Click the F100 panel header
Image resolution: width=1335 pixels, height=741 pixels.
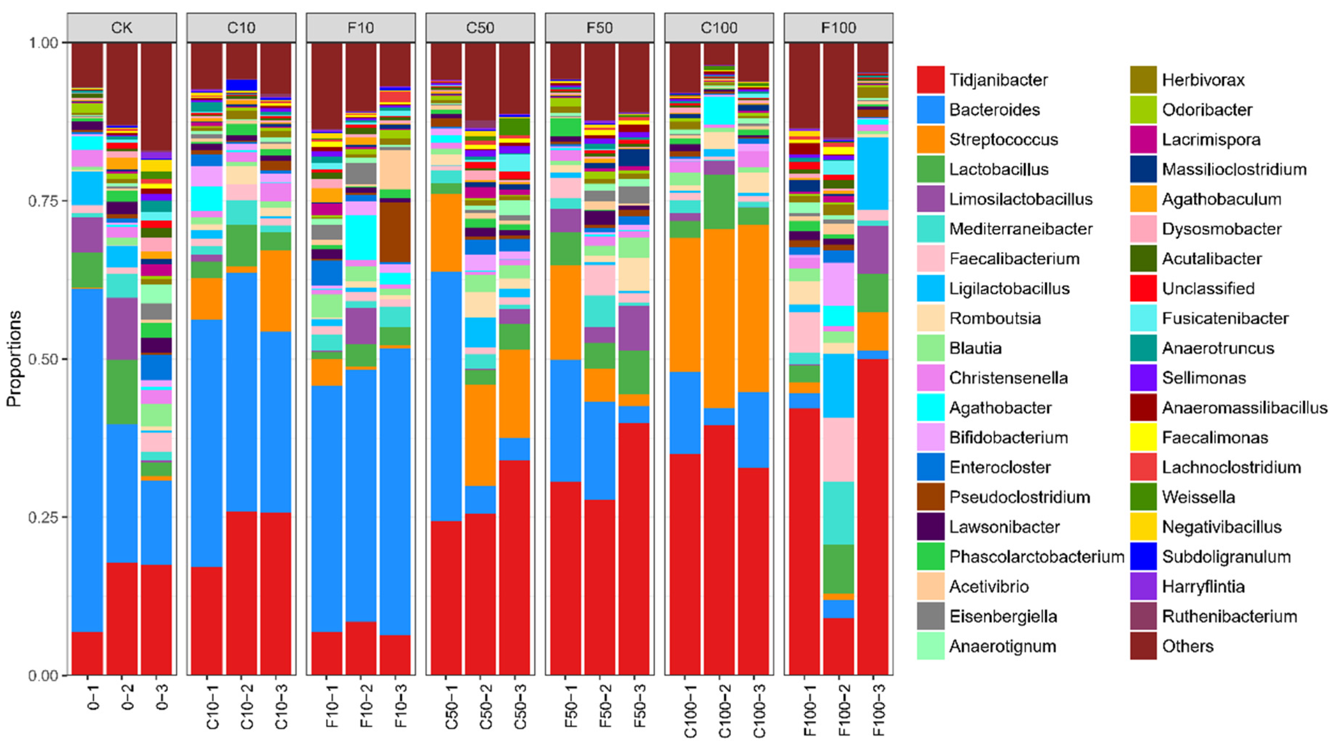(x=838, y=27)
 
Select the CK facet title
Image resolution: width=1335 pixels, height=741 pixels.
(x=122, y=27)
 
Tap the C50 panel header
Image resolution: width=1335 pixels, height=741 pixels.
(x=480, y=27)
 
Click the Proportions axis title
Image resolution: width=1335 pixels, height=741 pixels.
(x=15, y=359)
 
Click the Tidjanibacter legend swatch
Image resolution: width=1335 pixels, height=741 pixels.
(x=930, y=79)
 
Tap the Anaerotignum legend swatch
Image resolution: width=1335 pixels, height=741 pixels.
(x=930, y=646)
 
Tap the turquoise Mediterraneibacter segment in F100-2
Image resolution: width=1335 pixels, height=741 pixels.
(x=838, y=513)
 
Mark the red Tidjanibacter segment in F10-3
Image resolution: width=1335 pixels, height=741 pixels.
(x=395, y=655)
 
